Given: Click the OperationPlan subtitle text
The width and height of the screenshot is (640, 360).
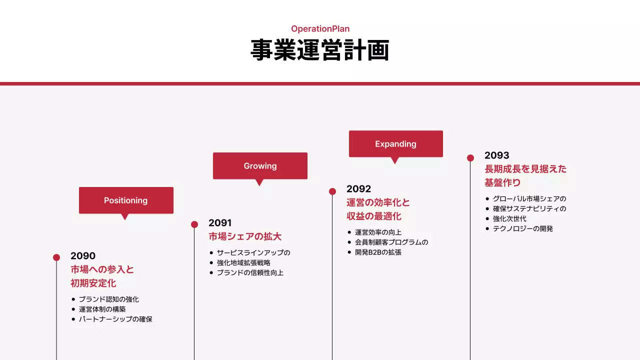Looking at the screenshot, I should [320, 29].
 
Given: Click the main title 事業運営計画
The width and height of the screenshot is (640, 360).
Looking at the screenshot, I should [320, 50].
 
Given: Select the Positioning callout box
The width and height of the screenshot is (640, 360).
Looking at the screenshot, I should [126, 200].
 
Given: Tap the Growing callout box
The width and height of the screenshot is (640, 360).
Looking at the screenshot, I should [260, 166].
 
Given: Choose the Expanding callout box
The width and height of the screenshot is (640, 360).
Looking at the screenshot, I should [395, 144].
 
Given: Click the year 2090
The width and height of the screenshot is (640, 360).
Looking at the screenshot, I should [83, 256].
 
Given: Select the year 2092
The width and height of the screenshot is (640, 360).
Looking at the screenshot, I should [359, 189].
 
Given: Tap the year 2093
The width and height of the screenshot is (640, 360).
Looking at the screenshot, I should [497, 155].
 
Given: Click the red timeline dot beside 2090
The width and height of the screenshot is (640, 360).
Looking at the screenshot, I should [56, 257].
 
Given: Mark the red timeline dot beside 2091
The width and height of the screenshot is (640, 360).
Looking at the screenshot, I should [194, 224].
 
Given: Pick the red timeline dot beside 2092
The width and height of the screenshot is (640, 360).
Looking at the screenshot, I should [332, 191].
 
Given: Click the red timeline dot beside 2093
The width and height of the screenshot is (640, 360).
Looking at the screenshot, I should [470, 158].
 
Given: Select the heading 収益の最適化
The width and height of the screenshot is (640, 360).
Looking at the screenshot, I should [374, 216].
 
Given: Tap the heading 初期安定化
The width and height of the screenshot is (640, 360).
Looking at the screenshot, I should [93, 283].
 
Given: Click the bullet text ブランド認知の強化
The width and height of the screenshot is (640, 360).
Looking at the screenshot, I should [108, 299].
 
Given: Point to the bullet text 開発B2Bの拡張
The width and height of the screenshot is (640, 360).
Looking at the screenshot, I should [378, 252].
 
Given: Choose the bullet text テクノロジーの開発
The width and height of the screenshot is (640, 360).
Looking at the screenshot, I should [522, 228].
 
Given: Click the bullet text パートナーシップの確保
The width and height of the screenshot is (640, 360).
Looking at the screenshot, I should [115, 319].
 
